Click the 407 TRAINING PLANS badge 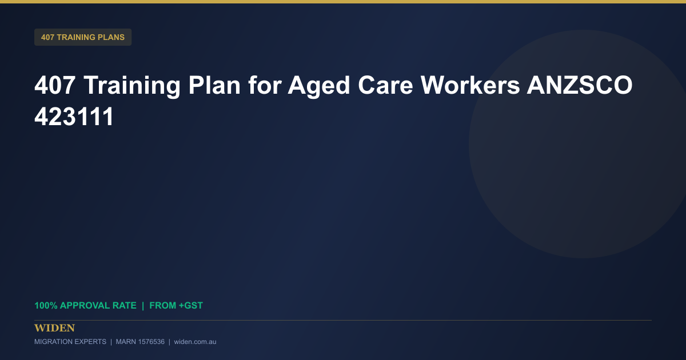click(x=83, y=37)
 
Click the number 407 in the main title click(x=55, y=85)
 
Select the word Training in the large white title click(x=132, y=87)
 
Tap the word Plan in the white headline click(x=214, y=85)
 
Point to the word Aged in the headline click(x=318, y=87)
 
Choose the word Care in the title click(x=385, y=85)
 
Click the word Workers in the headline click(x=470, y=85)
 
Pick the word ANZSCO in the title click(x=580, y=85)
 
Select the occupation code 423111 click(x=74, y=117)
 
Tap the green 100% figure click(x=46, y=306)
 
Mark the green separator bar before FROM click(x=143, y=306)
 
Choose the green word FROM click(x=162, y=306)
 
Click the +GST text click(x=191, y=306)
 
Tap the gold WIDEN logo click(x=54, y=328)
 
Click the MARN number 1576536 click(x=150, y=342)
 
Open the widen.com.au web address click(x=195, y=342)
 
